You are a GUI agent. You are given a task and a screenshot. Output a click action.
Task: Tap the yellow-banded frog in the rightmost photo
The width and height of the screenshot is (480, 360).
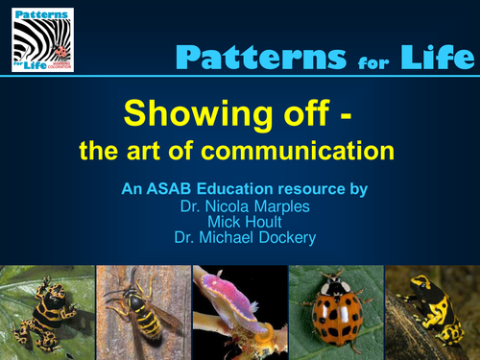pos(431,309)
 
